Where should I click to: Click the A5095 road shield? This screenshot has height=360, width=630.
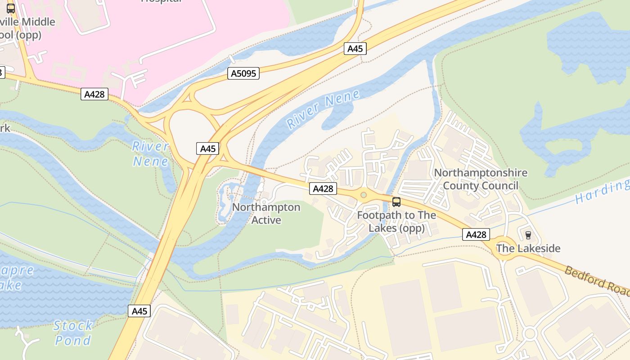243,73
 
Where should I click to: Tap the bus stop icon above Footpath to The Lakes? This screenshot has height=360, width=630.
396,202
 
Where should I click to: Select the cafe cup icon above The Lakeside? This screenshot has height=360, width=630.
528,235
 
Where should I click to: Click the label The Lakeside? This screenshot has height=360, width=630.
528,248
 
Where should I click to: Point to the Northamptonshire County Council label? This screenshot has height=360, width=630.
480,179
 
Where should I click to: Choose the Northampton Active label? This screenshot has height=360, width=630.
266,214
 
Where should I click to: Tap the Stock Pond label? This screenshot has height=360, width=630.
73,333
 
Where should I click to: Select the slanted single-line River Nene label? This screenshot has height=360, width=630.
323,109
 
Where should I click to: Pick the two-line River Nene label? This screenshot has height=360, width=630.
151,154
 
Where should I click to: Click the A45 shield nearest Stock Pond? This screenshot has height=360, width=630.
139,311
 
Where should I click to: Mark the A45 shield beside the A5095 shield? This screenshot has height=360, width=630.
355,49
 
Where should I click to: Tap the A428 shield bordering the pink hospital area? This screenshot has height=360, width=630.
94,94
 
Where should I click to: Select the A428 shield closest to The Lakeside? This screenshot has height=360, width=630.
476,234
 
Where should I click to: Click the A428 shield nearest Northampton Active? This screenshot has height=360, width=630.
323,189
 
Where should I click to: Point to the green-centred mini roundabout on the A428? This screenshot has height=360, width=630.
364,195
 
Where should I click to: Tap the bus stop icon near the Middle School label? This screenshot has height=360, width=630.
11,8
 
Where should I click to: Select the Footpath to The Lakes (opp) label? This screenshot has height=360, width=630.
396,222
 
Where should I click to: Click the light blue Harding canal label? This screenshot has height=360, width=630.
602,192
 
